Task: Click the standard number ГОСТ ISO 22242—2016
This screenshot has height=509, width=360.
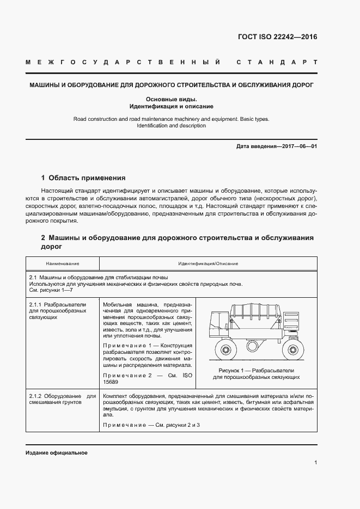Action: click(x=277, y=38)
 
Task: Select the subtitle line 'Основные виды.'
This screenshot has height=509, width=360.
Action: click(x=171, y=99)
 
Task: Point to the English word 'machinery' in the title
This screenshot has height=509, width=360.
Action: click(x=194, y=118)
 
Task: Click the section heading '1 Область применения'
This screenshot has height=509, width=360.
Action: click(x=83, y=177)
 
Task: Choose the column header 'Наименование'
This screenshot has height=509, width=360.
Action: click(x=62, y=263)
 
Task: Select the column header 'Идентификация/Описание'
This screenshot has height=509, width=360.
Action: click(x=208, y=263)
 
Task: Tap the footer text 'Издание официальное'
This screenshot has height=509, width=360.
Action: click(x=56, y=453)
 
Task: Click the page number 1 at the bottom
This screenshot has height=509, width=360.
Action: click(x=315, y=463)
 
